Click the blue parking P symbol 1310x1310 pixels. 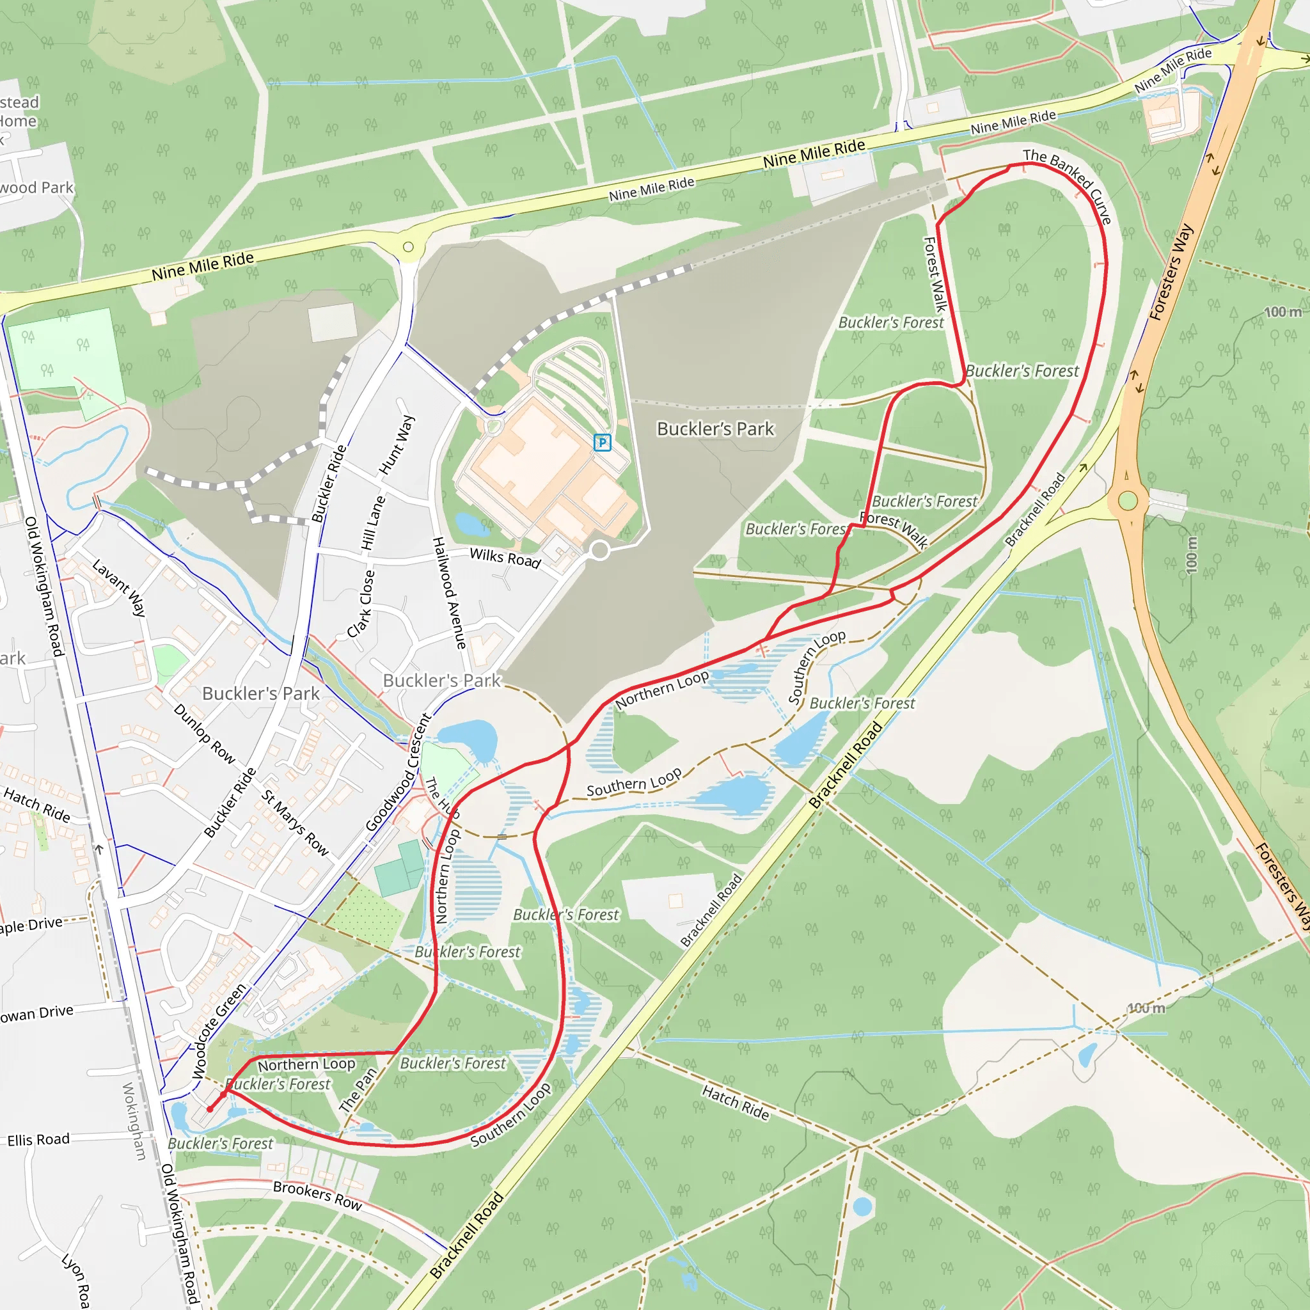[x=602, y=443]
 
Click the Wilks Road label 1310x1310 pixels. [x=505, y=558]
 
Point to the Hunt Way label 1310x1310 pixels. [x=397, y=445]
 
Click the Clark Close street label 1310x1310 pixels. [x=361, y=604]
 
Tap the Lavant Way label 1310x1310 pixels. [x=120, y=587]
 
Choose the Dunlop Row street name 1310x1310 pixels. [x=204, y=734]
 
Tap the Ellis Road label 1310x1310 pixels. [x=38, y=1140]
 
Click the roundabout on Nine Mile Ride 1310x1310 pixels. [x=408, y=247]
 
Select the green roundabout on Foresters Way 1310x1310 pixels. [x=1128, y=501]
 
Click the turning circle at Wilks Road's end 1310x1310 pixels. [x=599, y=550]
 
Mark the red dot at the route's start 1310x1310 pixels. [x=210, y=1109]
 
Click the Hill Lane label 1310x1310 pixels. [x=373, y=523]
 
